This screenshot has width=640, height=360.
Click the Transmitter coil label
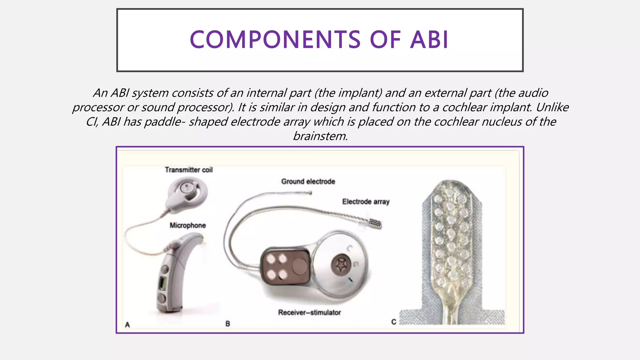(x=189, y=170)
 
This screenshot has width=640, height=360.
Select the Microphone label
(x=187, y=225)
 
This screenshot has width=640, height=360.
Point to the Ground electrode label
(x=308, y=181)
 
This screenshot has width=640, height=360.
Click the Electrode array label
(x=366, y=202)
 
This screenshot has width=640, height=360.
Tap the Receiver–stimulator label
(x=309, y=312)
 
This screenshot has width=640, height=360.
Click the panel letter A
(x=127, y=325)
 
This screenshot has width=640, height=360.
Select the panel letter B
(x=227, y=324)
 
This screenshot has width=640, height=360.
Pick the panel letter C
(x=393, y=322)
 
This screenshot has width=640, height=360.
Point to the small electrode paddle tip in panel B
(x=375, y=223)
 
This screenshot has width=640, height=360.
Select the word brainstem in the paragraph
(x=320, y=136)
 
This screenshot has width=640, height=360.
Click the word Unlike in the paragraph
(x=552, y=107)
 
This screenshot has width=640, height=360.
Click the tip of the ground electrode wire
(x=310, y=193)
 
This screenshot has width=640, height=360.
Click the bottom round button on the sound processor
(x=162, y=297)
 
